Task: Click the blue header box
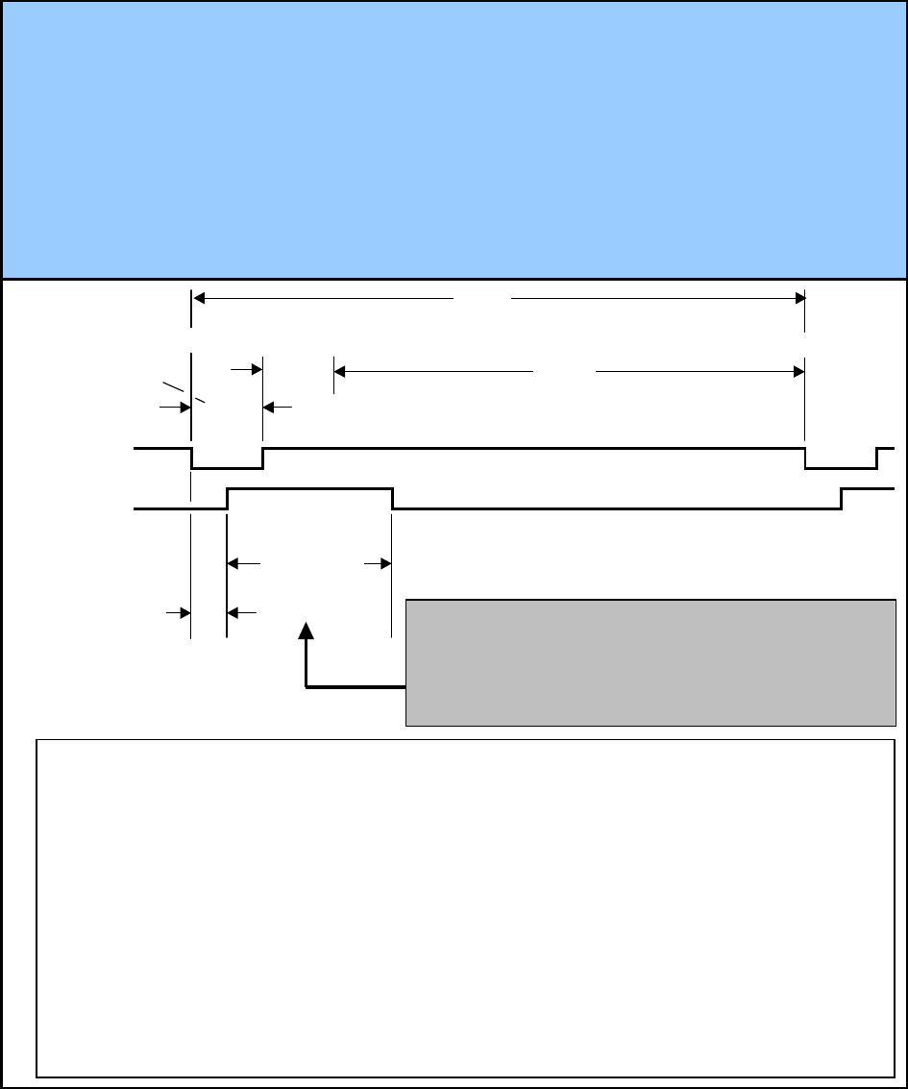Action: [x=454, y=139]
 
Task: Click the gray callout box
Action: [x=650, y=662]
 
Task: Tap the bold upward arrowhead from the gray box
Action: [x=307, y=630]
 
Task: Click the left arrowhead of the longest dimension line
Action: [x=200, y=299]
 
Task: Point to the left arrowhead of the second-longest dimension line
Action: [x=340, y=370]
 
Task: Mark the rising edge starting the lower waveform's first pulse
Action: [x=227, y=498]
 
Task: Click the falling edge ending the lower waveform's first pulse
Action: [x=393, y=498]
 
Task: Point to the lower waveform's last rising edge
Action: [x=842, y=498]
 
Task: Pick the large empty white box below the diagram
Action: [x=465, y=907]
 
